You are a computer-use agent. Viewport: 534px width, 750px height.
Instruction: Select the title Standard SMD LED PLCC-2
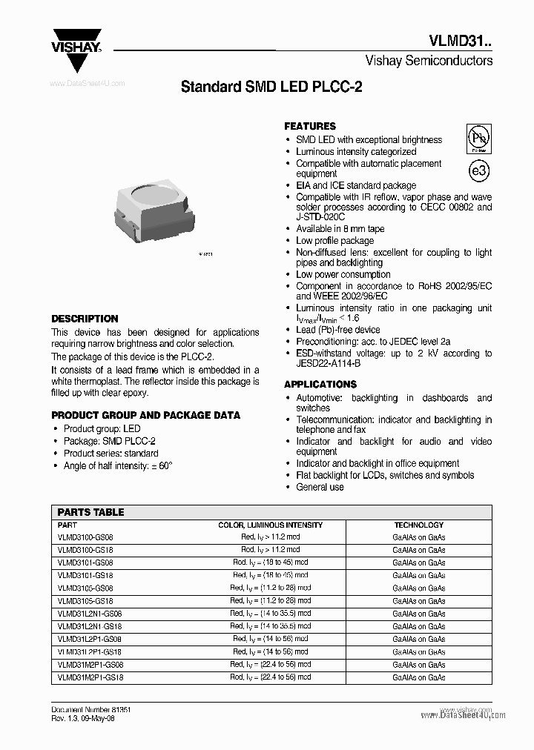[271, 87]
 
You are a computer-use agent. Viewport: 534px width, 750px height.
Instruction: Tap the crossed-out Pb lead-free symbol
[478, 138]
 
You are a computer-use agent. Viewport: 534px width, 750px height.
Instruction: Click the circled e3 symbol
[479, 170]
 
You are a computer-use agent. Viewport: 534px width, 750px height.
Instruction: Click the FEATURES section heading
[310, 126]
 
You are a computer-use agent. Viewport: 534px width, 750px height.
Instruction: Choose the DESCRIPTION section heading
[85, 319]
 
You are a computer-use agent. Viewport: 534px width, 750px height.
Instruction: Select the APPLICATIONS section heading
[320, 384]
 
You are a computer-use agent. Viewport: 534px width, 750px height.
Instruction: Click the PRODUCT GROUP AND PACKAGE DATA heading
[145, 415]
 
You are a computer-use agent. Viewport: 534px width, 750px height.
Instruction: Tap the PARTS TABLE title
[90, 512]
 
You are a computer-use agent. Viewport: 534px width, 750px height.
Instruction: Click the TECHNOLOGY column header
[418, 525]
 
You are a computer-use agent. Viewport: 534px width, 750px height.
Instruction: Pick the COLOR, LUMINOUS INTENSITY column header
[270, 525]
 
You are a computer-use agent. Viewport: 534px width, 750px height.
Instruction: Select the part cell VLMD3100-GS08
[85, 537]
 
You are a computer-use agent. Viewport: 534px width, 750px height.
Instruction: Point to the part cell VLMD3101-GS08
[85, 562]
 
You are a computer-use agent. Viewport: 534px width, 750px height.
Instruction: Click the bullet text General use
[320, 487]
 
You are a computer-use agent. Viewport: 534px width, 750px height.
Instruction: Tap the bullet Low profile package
[334, 241]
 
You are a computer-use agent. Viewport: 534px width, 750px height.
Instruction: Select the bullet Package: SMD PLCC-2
[109, 441]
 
